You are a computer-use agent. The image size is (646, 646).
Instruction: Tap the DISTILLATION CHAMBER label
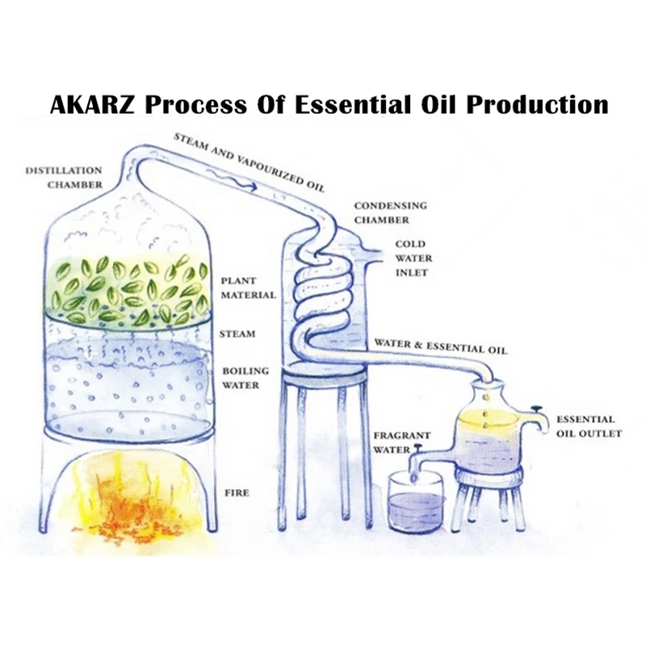pyautogui.click(x=64, y=178)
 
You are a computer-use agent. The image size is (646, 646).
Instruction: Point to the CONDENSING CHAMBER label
pyautogui.click(x=390, y=212)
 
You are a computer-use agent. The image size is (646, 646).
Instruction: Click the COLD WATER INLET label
pyautogui.click(x=413, y=258)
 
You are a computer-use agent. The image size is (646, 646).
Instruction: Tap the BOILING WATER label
pyautogui.click(x=241, y=378)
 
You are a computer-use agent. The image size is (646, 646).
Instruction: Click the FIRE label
pyautogui.click(x=237, y=492)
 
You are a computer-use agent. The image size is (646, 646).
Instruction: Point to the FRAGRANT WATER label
pyautogui.click(x=401, y=442)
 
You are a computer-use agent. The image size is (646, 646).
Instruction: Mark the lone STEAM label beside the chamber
pyautogui.click(x=237, y=333)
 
